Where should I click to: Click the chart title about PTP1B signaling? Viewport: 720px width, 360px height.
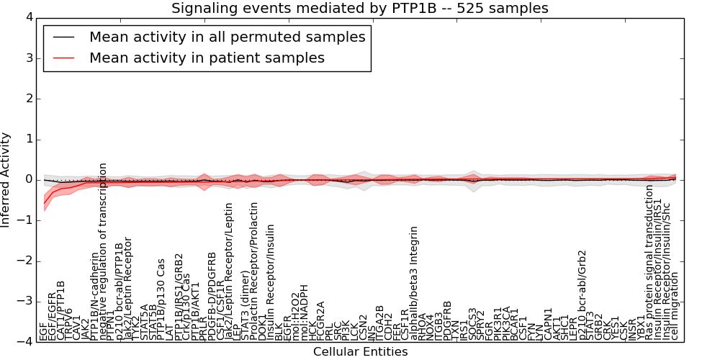[359, 8]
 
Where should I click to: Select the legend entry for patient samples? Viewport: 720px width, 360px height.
[207, 58]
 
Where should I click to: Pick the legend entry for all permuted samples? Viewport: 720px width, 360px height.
[227, 37]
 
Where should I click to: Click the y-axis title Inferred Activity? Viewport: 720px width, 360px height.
[6, 180]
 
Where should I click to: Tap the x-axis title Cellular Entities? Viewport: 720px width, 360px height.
[360, 352]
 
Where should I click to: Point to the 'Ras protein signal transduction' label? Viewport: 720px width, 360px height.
[649, 262]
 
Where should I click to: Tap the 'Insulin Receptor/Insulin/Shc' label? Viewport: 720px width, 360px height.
[667, 266]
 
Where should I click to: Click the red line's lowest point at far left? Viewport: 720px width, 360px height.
[44, 201]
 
